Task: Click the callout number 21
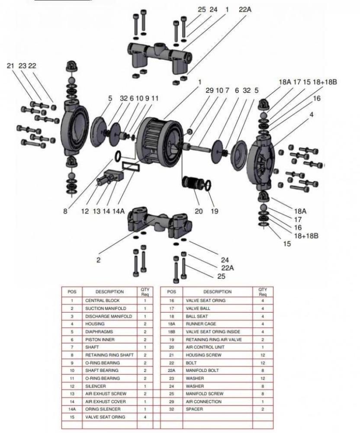click(x=11, y=66)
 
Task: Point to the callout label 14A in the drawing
click(x=119, y=211)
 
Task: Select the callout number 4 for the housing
click(x=311, y=115)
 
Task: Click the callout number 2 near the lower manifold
click(x=98, y=260)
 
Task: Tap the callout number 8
click(x=65, y=211)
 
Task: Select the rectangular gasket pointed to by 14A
click(x=130, y=165)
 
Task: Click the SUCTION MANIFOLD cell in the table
click(x=106, y=308)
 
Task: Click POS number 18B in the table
click(x=171, y=332)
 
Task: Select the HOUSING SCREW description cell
click(x=203, y=355)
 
